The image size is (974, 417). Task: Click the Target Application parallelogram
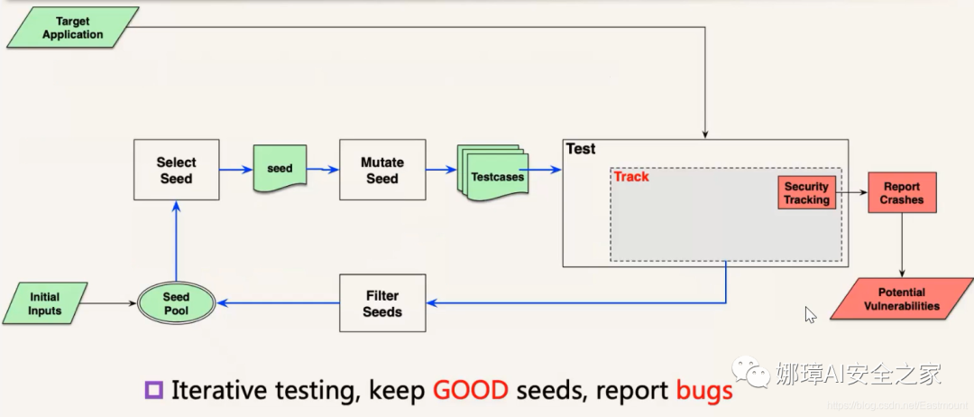[x=73, y=27]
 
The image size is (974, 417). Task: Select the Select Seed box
[x=176, y=170]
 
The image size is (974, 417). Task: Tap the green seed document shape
[x=280, y=168]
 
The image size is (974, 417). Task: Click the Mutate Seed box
[x=381, y=170]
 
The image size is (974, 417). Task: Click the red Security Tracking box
[x=805, y=193]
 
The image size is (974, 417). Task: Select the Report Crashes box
[x=902, y=193]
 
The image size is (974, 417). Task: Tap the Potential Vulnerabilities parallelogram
[x=901, y=299]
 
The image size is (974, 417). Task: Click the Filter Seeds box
[x=381, y=303]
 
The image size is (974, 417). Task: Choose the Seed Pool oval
[x=176, y=303]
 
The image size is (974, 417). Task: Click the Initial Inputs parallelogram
[x=45, y=303]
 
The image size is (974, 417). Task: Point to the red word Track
[x=631, y=177]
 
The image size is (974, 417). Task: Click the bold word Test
[x=581, y=149]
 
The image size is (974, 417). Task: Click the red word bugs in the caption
[x=703, y=391]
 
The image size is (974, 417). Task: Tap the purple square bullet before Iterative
[x=153, y=391]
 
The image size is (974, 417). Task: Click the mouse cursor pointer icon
[x=810, y=314]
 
